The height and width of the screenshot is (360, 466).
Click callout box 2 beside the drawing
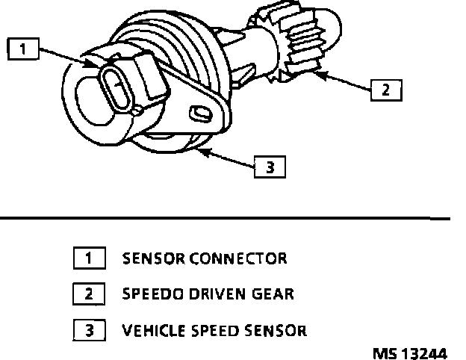tap(385, 90)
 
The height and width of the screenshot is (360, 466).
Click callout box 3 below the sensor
tap(270, 167)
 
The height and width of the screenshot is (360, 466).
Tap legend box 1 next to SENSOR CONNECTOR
tap(89, 259)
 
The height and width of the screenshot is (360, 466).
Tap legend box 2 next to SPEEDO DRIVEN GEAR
tap(89, 294)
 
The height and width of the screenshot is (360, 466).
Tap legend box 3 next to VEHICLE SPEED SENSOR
tap(89, 329)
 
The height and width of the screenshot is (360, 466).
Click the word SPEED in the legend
tap(216, 329)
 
